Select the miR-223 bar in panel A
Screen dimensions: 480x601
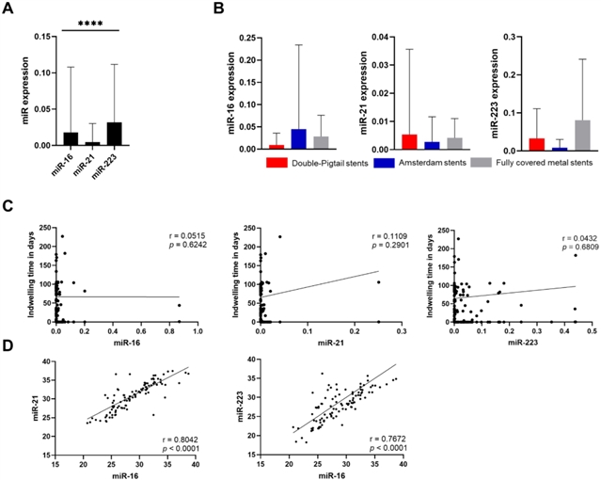(115, 134)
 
